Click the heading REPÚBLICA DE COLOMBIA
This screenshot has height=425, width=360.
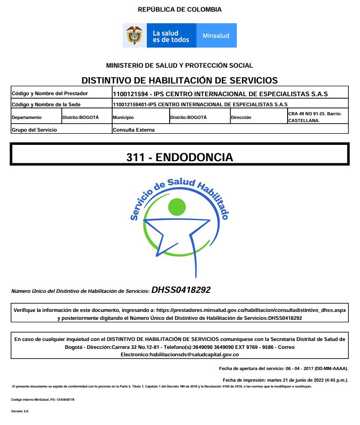coord(180,10)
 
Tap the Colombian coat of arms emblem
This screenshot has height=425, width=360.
coord(135,35)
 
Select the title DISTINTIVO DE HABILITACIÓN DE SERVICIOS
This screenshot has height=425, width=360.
coord(180,80)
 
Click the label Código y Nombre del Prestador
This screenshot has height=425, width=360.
coord(50,94)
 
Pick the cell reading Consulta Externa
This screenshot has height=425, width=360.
coord(134,129)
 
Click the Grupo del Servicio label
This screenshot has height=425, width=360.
coord(34,129)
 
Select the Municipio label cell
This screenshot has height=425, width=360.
coord(124,117)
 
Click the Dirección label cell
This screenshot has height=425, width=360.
coord(242,117)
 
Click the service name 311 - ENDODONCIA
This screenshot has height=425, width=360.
coord(180,157)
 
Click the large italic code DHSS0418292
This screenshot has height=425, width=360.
coord(181,290)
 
